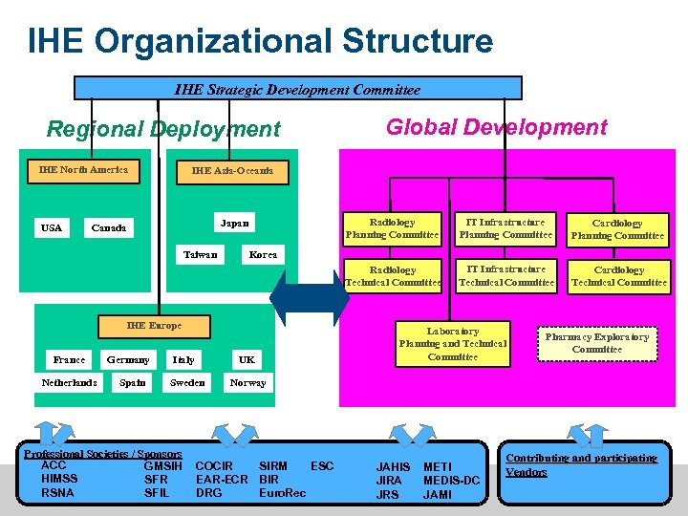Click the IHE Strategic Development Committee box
click(298, 89)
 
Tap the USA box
click(52, 227)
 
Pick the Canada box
click(108, 228)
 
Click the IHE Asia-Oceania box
click(232, 170)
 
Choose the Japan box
click(234, 224)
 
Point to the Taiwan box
click(201, 254)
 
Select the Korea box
click(263, 254)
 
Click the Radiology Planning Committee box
click(393, 228)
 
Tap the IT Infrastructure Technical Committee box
click(506, 275)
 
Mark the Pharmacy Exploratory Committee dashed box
click(597, 342)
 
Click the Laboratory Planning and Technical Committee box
click(453, 344)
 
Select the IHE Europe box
click(154, 326)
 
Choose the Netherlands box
click(69, 382)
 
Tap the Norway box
click(248, 382)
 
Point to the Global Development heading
click(496, 127)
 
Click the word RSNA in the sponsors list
click(58, 493)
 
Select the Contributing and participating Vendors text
click(581, 465)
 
